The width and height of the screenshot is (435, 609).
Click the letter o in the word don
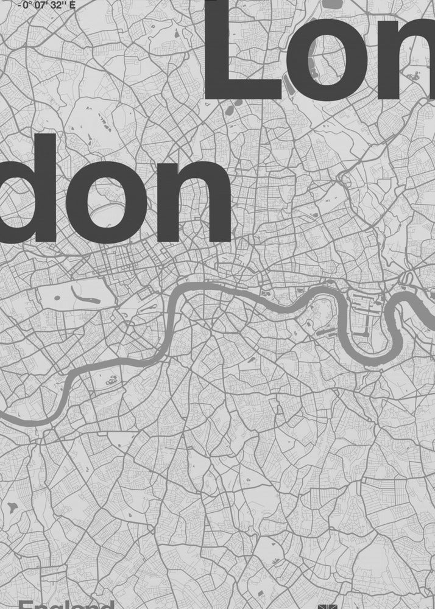tap(118, 201)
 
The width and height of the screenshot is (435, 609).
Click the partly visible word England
tap(67, 604)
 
